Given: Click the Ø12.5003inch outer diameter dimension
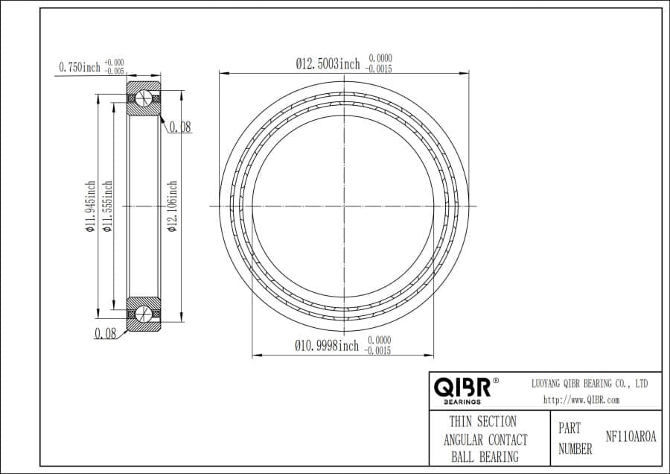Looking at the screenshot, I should (x=328, y=64).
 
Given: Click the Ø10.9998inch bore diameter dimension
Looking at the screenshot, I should (x=327, y=346).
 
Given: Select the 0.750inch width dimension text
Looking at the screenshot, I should (x=80, y=68).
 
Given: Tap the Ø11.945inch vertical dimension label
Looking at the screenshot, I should (x=91, y=206).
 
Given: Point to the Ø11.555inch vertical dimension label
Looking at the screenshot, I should (x=107, y=206).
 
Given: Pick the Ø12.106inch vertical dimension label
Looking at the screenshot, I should (x=173, y=206).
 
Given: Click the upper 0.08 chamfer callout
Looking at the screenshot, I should (x=179, y=127).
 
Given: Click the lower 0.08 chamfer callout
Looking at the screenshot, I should (x=105, y=334).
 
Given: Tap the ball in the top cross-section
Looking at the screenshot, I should (x=144, y=99).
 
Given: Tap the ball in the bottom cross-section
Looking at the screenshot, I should (x=144, y=312).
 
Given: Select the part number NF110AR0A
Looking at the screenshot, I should (x=631, y=437).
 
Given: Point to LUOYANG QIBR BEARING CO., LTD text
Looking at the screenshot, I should (x=589, y=383).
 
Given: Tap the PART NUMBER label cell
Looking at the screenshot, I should (x=575, y=439).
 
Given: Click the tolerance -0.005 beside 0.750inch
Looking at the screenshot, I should (x=114, y=72).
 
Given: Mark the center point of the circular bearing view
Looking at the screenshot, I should (x=345, y=205).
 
